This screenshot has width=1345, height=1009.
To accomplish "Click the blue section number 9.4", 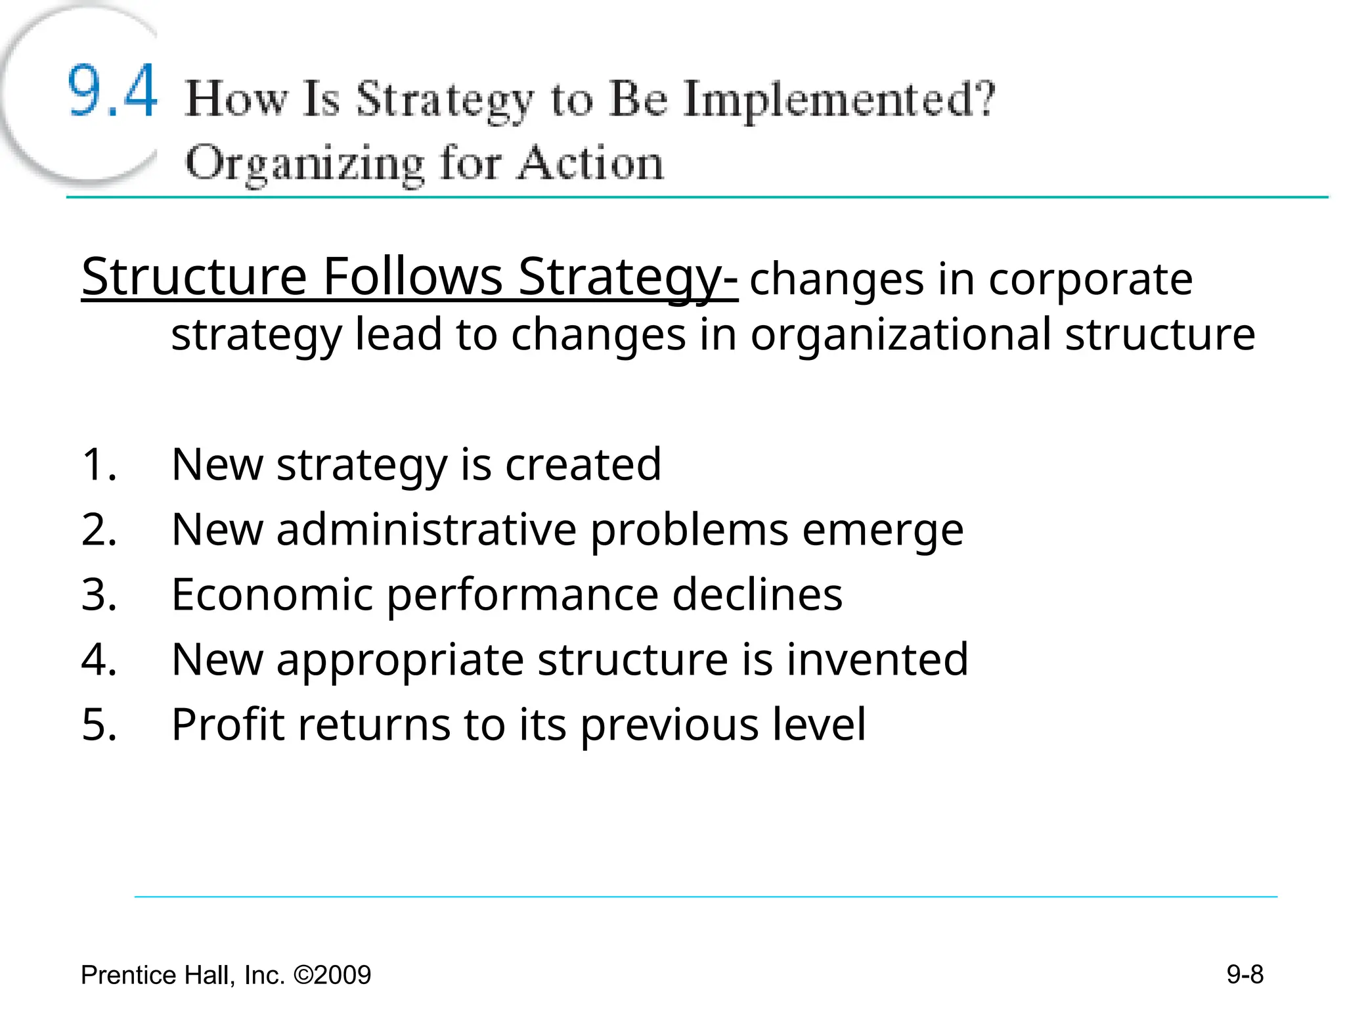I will coord(112,91).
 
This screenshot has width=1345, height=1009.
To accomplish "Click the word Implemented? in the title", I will coord(839,101).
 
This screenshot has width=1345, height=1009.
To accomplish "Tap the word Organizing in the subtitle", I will coord(305,164).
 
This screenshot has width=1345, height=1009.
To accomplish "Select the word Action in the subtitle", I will coord(590,163).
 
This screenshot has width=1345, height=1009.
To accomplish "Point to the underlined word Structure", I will coord(194,277).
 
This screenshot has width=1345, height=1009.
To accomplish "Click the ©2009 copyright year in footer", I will coord(332,975).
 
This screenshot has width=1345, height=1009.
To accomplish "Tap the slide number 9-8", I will coord(1245,974).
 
